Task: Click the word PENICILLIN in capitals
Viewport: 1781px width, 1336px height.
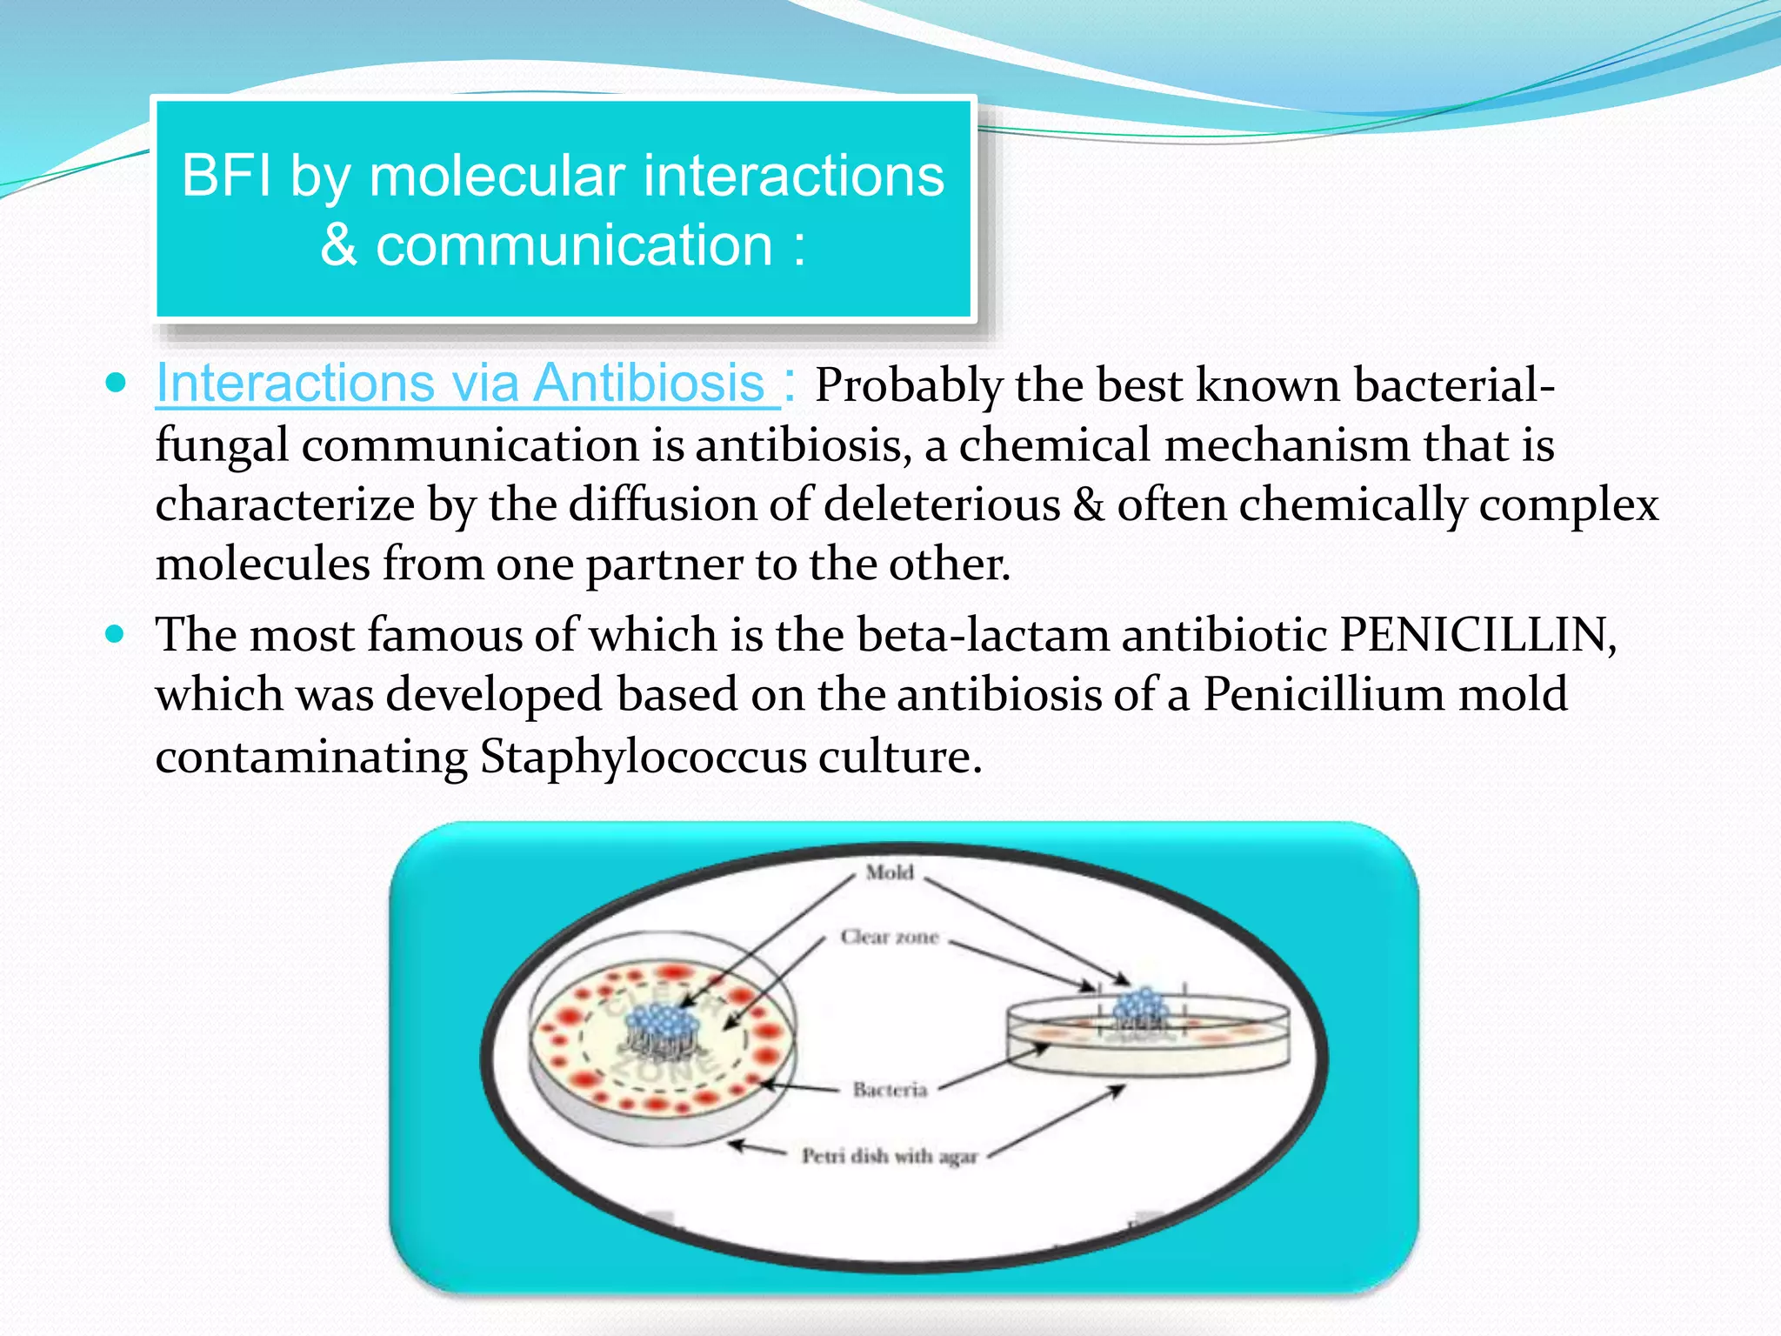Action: point(1475,635)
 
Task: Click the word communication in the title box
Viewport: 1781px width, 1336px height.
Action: point(574,245)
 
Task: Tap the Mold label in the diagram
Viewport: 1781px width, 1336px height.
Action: point(890,872)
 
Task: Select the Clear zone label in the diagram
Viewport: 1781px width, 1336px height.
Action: point(890,937)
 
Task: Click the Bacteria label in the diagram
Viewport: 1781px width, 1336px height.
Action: point(890,1090)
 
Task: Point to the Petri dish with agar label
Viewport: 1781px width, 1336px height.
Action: point(890,1156)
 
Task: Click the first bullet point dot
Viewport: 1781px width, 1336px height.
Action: point(115,384)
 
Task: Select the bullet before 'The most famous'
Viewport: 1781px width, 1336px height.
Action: point(115,634)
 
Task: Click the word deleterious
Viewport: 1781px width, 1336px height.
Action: point(942,505)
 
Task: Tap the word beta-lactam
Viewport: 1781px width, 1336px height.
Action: point(983,635)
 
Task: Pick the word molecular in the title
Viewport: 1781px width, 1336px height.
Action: point(497,176)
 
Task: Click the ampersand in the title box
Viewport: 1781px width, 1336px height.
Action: point(338,245)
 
